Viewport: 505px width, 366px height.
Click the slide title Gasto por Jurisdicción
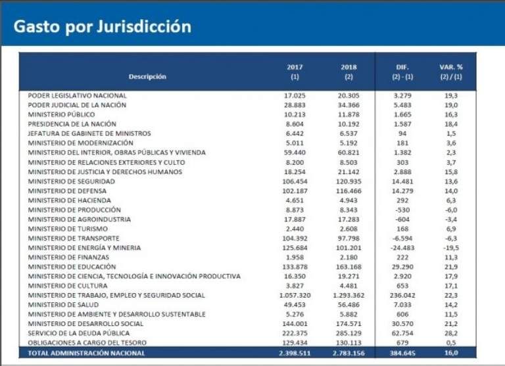tap(103, 27)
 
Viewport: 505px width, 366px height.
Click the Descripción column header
tap(147, 77)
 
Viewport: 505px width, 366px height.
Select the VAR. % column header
tap(451, 72)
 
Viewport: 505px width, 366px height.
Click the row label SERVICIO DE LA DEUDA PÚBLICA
tap(74, 333)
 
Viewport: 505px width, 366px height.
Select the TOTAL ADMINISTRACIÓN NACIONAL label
tap(86, 354)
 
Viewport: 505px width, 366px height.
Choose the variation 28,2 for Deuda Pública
tap(451, 333)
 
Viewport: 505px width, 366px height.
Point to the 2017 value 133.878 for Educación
tap(294, 267)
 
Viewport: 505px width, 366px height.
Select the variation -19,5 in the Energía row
tap(451, 248)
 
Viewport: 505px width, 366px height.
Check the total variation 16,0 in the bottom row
tap(451, 354)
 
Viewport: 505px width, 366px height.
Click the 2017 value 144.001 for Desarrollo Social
tap(294, 324)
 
